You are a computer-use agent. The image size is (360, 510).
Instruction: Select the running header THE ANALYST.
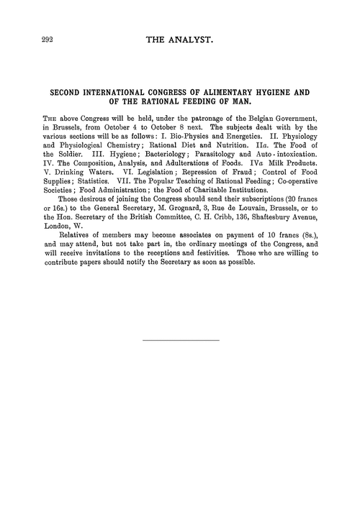click(x=180, y=43)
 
